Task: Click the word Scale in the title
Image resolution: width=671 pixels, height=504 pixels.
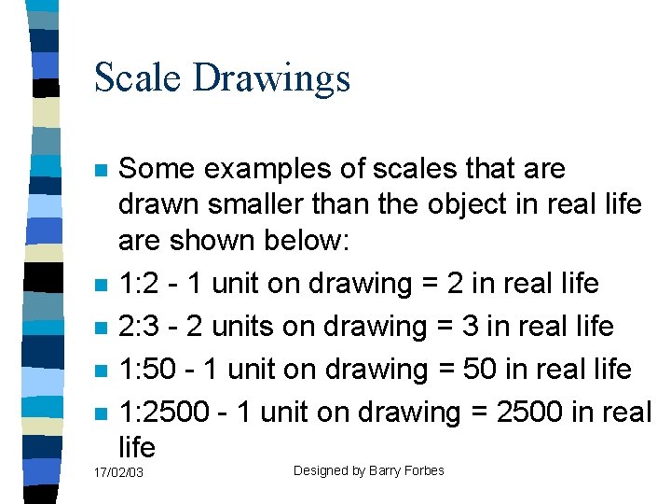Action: [x=139, y=77]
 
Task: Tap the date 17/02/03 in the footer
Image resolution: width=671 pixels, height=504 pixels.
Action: [x=118, y=473]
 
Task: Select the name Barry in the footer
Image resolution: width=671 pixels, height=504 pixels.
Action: [x=388, y=470]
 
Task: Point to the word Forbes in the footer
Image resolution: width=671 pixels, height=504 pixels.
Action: [x=426, y=470]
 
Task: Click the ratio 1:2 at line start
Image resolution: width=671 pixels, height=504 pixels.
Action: [x=139, y=284]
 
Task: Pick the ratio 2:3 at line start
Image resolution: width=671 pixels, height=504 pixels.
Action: [x=139, y=327]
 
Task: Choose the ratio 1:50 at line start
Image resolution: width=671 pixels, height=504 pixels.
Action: [x=147, y=370]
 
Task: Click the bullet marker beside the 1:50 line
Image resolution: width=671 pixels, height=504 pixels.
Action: [x=102, y=371]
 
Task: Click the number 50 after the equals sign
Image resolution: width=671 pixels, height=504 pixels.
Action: [x=479, y=370]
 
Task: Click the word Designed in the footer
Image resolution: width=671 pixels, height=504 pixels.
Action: [x=321, y=470]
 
